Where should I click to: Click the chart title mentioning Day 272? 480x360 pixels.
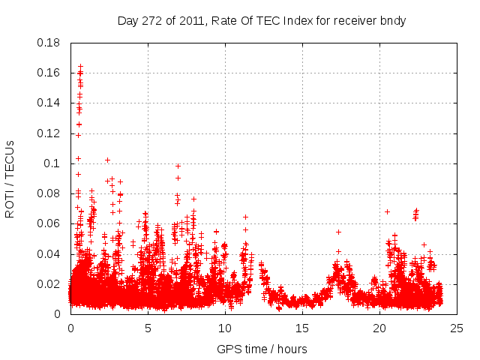[x=262, y=20]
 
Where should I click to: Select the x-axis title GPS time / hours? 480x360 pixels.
[x=262, y=349]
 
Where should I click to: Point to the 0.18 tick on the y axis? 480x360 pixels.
[x=49, y=43]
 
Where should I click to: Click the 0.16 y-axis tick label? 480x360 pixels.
[x=49, y=73]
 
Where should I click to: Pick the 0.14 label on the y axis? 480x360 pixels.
[x=49, y=103]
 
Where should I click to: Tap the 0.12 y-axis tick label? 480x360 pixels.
[x=49, y=133]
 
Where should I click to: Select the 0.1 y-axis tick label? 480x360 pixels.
[x=52, y=163]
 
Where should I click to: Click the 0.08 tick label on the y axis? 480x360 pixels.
[x=49, y=193]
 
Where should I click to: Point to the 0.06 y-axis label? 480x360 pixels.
[x=49, y=223]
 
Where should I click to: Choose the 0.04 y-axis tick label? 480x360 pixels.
[x=49, y=254]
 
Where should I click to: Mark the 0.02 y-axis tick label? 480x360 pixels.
[x=49, y=284]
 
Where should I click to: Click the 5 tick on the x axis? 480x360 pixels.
[x=148, y=328]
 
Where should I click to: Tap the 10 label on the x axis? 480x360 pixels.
[x=225, y=328]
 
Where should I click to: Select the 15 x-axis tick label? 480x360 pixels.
[x=302, y=328]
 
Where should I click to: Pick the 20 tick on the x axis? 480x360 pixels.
[x=379, y=328]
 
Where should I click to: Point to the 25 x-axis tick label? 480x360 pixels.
[x=457, y=328]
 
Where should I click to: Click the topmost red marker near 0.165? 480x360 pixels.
[x=81, y=67]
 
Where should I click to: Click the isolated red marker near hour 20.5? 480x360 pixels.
[x=387, y=211]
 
